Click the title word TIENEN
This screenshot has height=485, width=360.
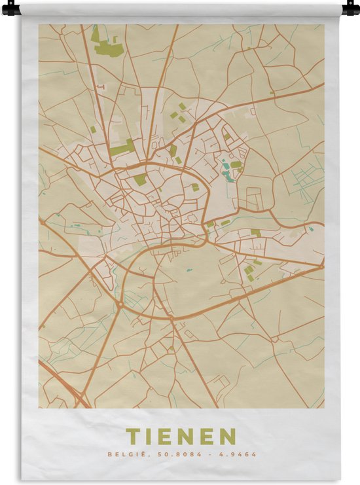pyautogui.click(x=181, y=436)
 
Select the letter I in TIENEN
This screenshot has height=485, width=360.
pyautogui.click(x=149, y=436)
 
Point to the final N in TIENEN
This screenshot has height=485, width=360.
pyautogui.click(x=228, y=436)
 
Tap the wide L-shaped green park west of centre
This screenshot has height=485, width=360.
pyautogui.click(x=122, y=149)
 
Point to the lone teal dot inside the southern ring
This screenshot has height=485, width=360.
pyautogui.click(x=188, y=268)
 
